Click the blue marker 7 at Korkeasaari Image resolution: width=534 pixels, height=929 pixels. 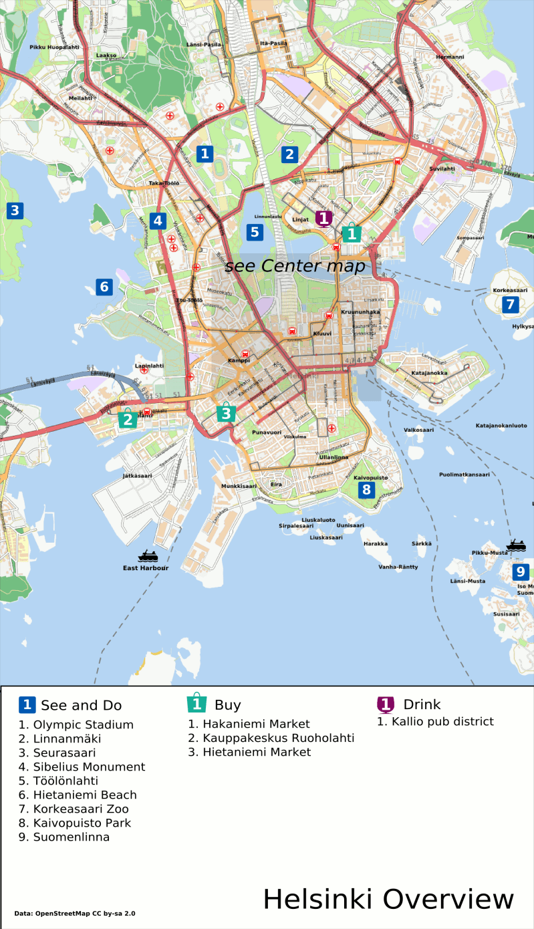(x=510, y=305)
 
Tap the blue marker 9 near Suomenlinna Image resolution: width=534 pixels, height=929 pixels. (x=521, y=572)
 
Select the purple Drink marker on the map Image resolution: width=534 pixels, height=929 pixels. (x=324, y=219)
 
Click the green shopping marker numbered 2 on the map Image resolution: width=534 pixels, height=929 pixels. (x=127, y=419)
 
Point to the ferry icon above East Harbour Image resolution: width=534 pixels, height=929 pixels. (x=148, y=555)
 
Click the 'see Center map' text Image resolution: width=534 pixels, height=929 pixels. (x=295, y=266)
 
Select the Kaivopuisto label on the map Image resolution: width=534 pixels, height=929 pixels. (x=370, y=478)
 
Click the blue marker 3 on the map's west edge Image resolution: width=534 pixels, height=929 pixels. (x=15, y=211)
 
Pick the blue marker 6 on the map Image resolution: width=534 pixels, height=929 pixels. (x=104, y=287)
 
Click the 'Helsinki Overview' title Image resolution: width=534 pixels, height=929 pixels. (x=388, y=899)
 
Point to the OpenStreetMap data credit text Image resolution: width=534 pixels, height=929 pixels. (x=74, y=913)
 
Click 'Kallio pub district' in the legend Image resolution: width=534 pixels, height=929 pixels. (x=435, y=721)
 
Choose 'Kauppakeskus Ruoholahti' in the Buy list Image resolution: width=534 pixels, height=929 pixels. (x=271, y=738)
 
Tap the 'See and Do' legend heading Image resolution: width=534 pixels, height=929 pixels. (x=81, y=705)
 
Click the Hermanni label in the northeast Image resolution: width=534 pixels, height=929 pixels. (x=449, y=57)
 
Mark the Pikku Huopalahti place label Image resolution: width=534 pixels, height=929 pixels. (x=55, y=47)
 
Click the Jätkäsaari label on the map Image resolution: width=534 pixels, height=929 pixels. (x=137, y=476)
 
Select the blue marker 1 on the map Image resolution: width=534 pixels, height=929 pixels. (x=205, y=154)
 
